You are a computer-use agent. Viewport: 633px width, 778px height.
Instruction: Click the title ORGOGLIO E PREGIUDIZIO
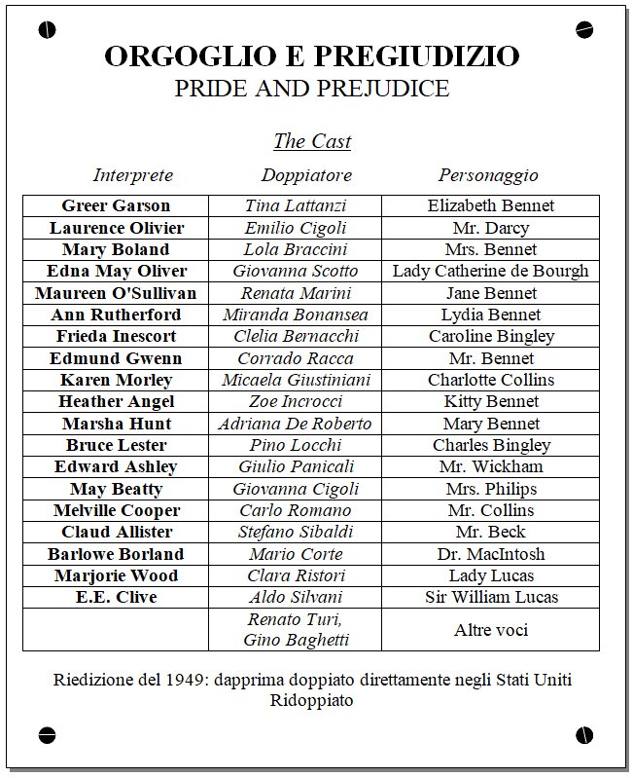tap(311, 56)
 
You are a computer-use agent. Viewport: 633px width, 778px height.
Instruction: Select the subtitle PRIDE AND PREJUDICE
tap(311, 89)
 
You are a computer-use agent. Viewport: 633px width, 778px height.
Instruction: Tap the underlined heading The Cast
tap(312, 141)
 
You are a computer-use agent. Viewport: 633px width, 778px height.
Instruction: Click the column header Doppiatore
tap(306, 176)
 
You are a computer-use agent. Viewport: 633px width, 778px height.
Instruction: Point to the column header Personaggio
tap(488, 176)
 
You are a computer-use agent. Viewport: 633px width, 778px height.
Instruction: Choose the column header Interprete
tap(133, 176)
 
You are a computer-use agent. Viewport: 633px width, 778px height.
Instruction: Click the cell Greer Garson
tap(116, 205)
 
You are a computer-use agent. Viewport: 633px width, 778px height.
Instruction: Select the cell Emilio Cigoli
tap(296, 228)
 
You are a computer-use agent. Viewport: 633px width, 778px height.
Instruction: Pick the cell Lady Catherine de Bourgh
tap(490, 271)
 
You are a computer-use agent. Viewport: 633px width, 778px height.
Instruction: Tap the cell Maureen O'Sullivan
tap(116, 293)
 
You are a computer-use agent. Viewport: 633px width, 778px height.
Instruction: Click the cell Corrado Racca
tap(296, 358)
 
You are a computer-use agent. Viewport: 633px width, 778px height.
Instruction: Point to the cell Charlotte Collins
tap(490, 380)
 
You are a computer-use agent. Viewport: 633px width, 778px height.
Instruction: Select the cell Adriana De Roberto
tap(296, 424)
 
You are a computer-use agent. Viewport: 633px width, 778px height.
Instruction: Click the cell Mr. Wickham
tap(490, 466)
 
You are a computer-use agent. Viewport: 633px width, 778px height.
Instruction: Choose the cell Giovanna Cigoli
tap(296, 489)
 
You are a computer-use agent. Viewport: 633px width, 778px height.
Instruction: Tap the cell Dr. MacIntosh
tap(490, 554)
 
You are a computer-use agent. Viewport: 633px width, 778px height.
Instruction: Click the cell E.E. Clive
tap(116, 597)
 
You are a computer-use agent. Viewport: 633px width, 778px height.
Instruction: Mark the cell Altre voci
tap(490, 630)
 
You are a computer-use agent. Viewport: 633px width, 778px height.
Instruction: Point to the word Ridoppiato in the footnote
tap(312, 700)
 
